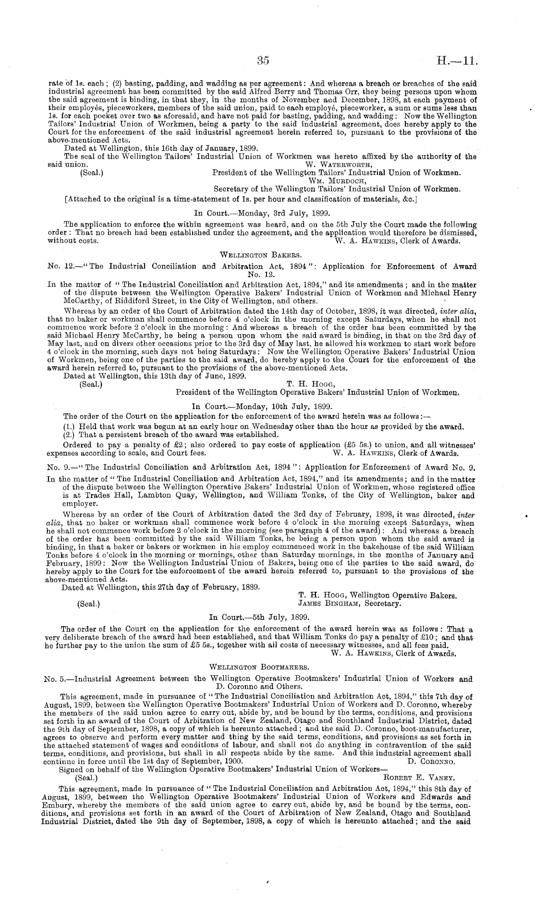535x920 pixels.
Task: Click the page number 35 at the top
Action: tap(263, 61)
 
